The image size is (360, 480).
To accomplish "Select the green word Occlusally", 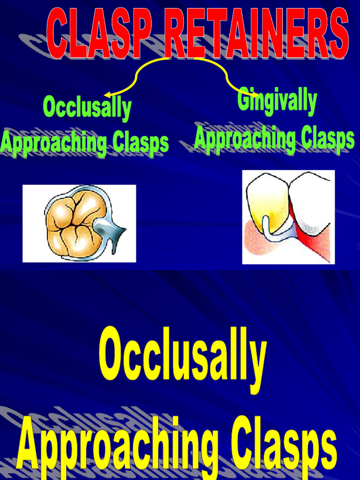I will click(87, 108).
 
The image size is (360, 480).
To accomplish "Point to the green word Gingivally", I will click(277, 101).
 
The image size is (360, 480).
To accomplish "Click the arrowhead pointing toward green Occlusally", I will click(107, 95).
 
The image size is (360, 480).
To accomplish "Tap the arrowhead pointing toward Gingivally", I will click(255, 95).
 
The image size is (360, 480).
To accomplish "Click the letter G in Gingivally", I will click(244, 100).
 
